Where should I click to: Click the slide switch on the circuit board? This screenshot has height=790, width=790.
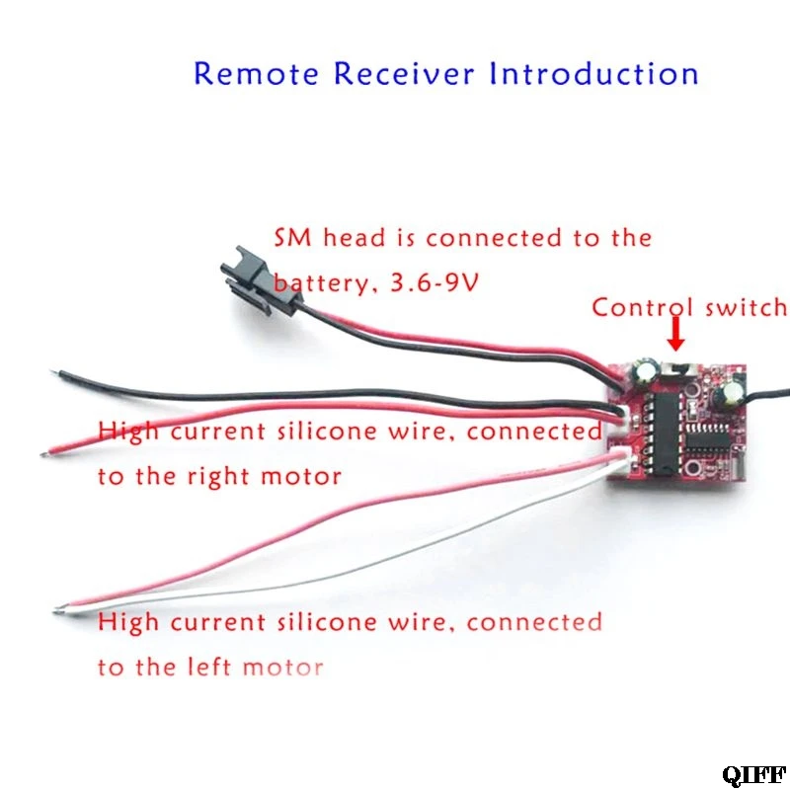click(676, 372)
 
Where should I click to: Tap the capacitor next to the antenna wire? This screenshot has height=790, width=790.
click(732, 396)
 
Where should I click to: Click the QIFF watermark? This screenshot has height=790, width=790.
click(752, 772)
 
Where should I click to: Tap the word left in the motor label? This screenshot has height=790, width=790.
click(209, 667)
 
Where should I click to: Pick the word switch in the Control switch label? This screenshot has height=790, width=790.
click(744, 307)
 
